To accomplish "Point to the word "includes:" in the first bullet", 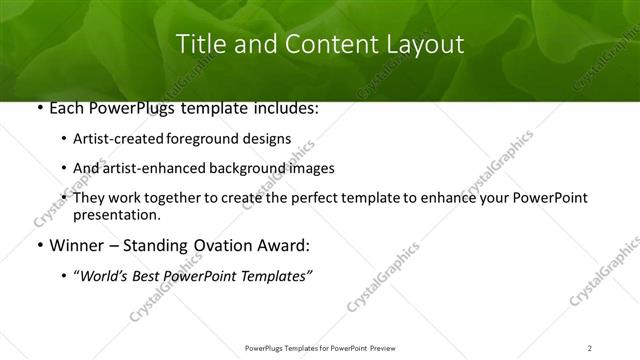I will (284, 109).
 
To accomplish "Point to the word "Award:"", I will (283, 246).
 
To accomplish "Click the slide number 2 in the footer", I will (590, 347).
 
